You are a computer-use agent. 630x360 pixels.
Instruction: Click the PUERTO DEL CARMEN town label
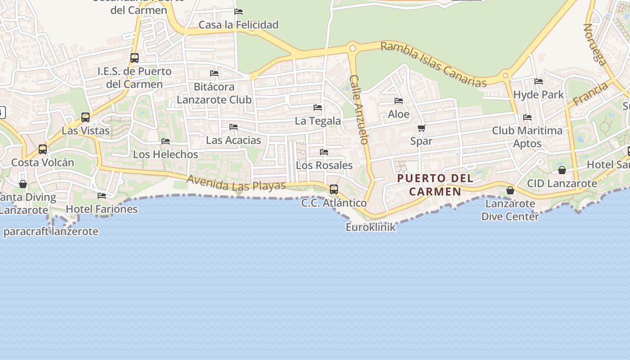(x=435, y=185)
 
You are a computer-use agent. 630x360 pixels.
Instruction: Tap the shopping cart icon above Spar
(x=421, y=128)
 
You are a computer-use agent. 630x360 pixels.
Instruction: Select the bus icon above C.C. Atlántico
(x=333, y=189)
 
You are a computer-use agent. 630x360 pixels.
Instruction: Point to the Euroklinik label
(x=370, y=227)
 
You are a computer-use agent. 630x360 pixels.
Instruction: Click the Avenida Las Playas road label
(x=236, y=183)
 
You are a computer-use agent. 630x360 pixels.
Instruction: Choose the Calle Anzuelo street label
(x=359, y=109)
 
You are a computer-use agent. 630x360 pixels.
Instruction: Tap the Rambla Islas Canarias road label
(x=433, y=64)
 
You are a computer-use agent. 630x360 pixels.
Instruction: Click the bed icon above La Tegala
(x=318, y=108)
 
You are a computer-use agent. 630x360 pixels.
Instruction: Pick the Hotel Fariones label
(x=102, y=209)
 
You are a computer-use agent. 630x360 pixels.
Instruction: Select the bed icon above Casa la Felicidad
(x=238, y=12)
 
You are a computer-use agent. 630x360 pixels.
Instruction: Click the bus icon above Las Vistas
(x=85, y=117)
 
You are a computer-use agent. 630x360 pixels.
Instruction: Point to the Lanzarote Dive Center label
(x=510, y=210)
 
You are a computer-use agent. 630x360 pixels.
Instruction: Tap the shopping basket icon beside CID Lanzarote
(x=562, y=170)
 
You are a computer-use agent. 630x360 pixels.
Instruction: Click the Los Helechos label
(x=165, y=154)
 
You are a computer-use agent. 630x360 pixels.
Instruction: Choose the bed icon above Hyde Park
(x=538, y=81)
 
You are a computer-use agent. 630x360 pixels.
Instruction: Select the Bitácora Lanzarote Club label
(x=214, y=93)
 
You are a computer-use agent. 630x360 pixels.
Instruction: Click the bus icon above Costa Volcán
(x=43, y=149)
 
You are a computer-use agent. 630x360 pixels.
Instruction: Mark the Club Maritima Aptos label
(x=527, y=137)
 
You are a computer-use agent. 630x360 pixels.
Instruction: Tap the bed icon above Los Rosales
(x=324, y=152)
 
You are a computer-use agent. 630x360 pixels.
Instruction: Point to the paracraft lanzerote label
(x=50, y=232)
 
